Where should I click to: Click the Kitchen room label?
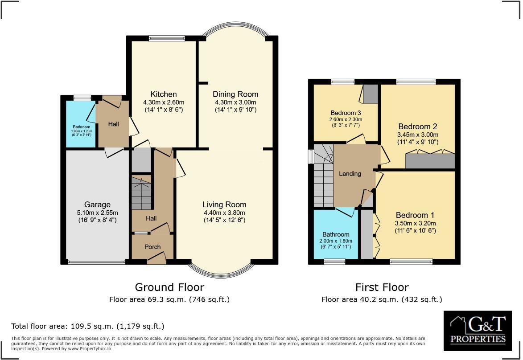point(163,94)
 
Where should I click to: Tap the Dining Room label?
point(235,94)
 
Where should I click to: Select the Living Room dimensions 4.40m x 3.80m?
point(223,213)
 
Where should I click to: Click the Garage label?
point(97,205)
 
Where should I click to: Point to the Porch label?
point(152,247)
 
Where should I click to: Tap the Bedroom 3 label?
point(346,112)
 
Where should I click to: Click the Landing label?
point(350,174)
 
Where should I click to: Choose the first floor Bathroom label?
point(336,234)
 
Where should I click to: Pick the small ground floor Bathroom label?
point(82,127)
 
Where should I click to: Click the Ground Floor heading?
point(169,287)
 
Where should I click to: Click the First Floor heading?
point(382,287)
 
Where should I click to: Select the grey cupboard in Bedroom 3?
point(370,94)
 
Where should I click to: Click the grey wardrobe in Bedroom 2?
point(430,161)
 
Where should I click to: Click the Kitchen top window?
point(167,38)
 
